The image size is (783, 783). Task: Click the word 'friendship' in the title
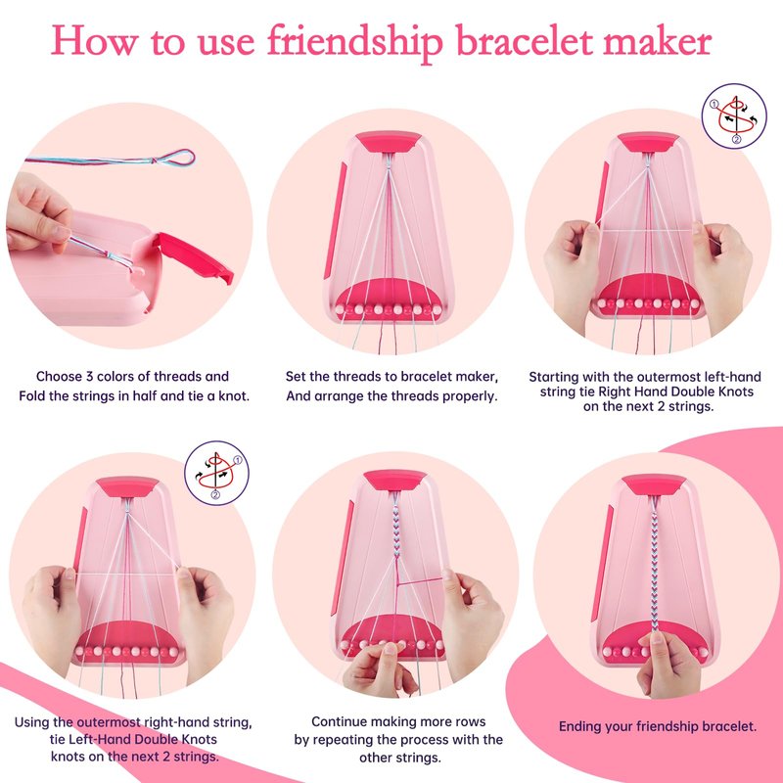355,42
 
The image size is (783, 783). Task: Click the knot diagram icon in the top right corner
733,115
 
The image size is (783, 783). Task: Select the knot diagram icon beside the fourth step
216,473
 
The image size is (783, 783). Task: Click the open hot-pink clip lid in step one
196,256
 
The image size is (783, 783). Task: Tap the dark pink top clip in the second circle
389,142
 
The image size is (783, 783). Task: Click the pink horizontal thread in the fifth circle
420,580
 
